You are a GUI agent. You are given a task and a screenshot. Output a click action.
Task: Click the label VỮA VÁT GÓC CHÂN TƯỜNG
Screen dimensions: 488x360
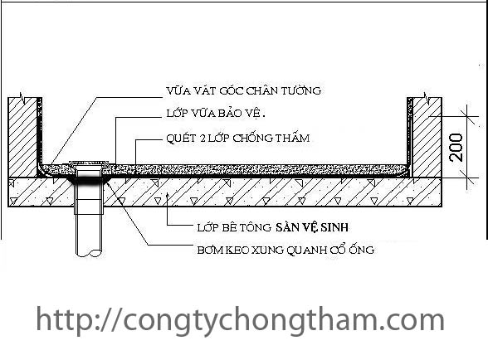[x=244, y=91]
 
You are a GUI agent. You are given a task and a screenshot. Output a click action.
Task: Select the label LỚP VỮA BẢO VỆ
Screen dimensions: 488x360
[x=216, y=114]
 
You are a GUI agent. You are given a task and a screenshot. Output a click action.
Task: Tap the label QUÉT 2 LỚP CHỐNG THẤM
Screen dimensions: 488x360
[x=238, y=138]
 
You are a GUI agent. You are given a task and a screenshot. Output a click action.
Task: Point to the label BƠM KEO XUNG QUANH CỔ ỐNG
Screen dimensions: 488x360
[x=285, y=250]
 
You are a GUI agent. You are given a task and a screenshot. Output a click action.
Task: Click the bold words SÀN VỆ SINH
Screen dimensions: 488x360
[x=312, y=227]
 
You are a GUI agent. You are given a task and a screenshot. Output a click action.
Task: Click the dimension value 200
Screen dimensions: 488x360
[x=456, y=147]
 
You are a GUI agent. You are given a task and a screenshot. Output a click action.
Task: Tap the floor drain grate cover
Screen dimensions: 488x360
[x=89, y=163]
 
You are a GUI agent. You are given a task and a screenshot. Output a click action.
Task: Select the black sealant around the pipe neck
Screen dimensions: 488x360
[x=90, y=181]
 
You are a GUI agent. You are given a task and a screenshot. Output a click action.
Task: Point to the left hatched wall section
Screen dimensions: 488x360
[x=22, y=137]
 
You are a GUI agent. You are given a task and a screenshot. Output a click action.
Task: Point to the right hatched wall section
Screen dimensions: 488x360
[x=427, y=137]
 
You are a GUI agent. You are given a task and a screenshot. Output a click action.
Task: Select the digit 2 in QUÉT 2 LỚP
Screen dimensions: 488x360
[x=203, y=139]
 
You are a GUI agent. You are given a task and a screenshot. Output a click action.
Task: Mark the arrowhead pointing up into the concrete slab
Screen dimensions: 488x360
[x=168, y=196]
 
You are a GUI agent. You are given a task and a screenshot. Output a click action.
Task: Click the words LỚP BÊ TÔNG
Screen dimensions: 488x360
[x=234, y=227]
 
